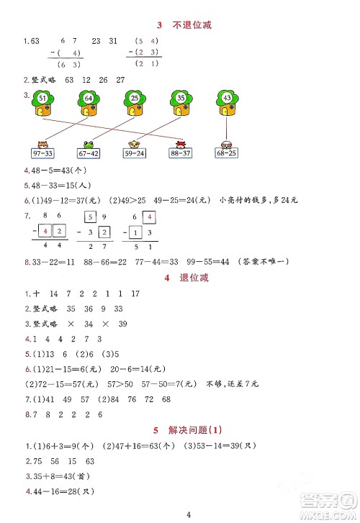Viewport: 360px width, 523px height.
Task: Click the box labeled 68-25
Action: pyautogui.click(x=228, y=153)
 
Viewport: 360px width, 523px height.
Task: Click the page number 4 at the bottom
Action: pyautogui.click(x=186, y=514)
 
